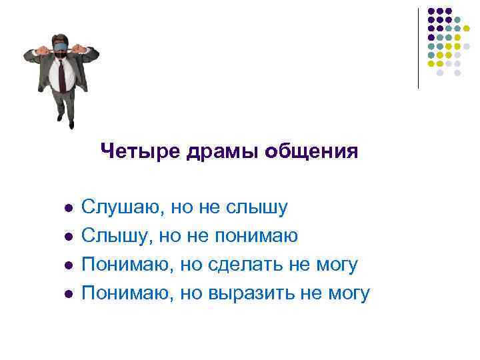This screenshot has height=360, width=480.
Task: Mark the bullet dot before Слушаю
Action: click(x=67, y=209)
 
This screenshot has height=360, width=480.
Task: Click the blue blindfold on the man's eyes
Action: click(x=61, y=47)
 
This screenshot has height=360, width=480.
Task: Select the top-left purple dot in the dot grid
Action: click(x=431, y=11)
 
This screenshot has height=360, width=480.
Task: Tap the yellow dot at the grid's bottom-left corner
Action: click(x=431, y=63)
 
